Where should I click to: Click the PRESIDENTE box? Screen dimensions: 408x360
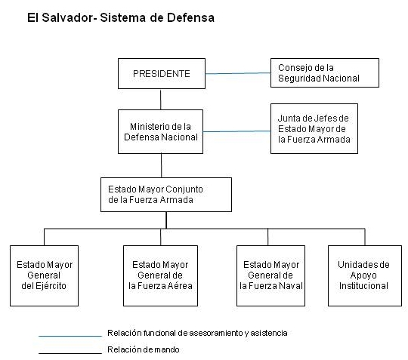(x=162, y=73)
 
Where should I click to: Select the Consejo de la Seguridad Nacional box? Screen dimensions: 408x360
(x=325, y=72)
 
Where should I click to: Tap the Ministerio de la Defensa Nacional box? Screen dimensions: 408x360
(x=160, y=131)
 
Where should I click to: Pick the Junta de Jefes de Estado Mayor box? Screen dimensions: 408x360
(x=314, y=128)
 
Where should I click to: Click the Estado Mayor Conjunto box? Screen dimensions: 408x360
(x=166, y=195)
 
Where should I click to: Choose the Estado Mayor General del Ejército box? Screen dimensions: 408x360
(x=45, y=275)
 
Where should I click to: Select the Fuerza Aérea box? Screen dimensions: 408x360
(x=160, y=275)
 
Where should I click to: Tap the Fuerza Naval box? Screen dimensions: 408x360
(x=270, y=275)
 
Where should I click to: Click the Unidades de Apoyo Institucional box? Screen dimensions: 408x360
(x=365, y=275)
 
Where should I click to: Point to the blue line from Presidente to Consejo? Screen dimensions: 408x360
(x=238, y=73)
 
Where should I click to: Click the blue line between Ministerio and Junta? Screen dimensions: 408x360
(x=236, y=131)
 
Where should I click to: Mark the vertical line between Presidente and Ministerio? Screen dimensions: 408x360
(x=160, y=100)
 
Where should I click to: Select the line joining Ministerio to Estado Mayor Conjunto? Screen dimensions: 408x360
(x=162, y=165)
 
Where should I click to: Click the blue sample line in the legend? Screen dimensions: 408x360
(x=70, y=337)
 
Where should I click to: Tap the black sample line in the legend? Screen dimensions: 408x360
(x=70, y=353)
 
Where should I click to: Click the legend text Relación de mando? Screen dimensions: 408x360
(x=144, y=349)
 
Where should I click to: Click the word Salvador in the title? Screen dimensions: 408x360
(x=67, y=17)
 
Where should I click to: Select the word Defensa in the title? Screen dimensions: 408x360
(x=190, y=17)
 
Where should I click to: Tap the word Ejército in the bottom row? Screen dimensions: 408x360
(x=51, y=286)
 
